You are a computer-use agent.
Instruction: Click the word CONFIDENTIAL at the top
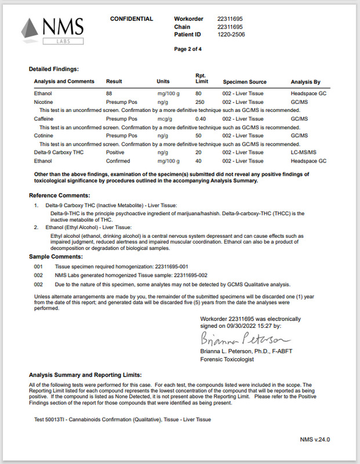pos(132,19)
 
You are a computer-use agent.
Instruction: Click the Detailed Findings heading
pos(54,69)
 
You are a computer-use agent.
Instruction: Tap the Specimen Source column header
pos(245,82)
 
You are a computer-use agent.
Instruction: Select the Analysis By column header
pos(306,82)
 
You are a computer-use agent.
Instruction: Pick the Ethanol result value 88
pos(109,93)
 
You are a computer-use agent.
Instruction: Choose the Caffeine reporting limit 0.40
pos(201,118)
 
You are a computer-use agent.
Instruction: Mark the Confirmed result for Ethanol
pos(118,161)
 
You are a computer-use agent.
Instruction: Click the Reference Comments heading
pos(59,195)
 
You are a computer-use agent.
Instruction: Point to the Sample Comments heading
pos(56,256)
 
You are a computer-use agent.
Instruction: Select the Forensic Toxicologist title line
pos(227,360)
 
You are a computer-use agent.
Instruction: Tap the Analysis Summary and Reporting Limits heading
pos(85,375)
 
